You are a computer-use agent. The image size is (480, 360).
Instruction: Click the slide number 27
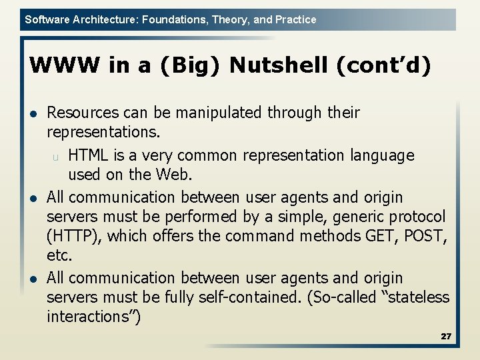pyautogui.click(x=446, y=337)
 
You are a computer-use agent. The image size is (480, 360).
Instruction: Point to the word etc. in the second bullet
pyautogui.click(x=59, y=256)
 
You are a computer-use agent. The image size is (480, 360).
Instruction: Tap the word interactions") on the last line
pyautogui.click(x=93, y=317)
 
